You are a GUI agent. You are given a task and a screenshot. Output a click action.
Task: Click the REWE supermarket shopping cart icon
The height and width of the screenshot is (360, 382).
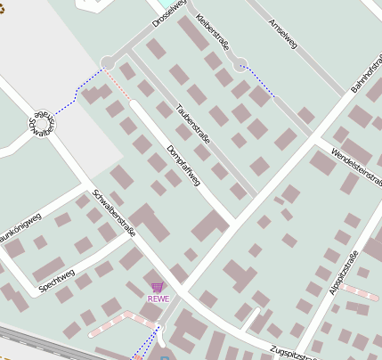coord(158,287)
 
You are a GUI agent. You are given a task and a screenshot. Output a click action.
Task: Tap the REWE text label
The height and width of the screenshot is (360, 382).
coord(158,299)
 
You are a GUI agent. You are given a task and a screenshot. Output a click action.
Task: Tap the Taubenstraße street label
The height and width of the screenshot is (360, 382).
coord(192,125)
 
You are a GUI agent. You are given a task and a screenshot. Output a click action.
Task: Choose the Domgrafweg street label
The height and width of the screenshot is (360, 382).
coord(183,165)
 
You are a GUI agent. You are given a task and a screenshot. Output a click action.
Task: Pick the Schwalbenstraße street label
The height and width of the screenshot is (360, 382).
coord(113,212)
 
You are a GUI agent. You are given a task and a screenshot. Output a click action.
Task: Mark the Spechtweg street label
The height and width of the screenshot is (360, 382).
coord(57,280)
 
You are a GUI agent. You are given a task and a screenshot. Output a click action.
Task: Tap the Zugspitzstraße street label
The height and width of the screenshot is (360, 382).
coord(292,354)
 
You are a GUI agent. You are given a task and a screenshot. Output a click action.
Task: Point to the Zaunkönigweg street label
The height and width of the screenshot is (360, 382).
coord(20,226)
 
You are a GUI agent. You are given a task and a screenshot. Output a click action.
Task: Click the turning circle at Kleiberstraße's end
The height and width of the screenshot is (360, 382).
coord(239,64)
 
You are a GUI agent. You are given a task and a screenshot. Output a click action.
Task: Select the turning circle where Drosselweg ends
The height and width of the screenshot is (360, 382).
coord(109,61)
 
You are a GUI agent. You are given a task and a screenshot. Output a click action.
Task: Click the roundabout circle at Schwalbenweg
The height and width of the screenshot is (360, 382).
coord(41,125)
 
